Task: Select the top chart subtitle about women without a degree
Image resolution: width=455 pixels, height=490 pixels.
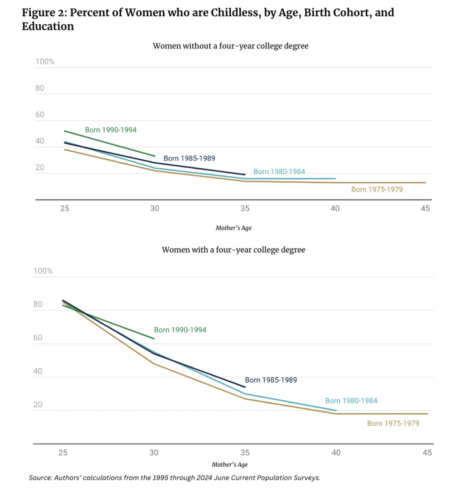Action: (231, 46)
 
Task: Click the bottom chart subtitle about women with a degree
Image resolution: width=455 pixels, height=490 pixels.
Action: (233, 250)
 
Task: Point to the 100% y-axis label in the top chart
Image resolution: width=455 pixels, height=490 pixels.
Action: (45, 62)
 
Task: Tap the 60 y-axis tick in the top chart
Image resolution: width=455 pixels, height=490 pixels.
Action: (40, 115)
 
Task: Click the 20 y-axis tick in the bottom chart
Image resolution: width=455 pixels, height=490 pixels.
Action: (38, 405)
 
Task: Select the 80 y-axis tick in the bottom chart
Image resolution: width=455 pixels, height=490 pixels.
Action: (38, 304)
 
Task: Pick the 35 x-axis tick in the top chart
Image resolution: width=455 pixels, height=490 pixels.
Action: (245, 209)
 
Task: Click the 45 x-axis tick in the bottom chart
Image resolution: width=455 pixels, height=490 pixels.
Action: (427, 453)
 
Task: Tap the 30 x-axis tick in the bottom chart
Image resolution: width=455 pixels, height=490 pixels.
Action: (154, 453)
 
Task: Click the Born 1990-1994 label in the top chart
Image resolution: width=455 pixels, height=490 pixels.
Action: (111, 130)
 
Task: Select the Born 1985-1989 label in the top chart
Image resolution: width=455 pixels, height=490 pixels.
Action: (189, 158)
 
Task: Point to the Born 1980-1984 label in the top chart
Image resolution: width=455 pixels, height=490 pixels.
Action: (279, 171)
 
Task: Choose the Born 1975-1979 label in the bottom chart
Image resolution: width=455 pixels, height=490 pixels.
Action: (393, 424)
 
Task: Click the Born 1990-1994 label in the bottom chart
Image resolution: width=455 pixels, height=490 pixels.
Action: (180, 330)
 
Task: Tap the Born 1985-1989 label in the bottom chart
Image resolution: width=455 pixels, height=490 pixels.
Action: (271, 380)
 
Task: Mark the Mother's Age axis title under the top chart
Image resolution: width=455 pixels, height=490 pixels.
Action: (234, 228)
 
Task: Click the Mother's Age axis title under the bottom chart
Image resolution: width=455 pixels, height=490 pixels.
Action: (230, 465)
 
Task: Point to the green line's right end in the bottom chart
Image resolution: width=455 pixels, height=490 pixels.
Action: (154, 338)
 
